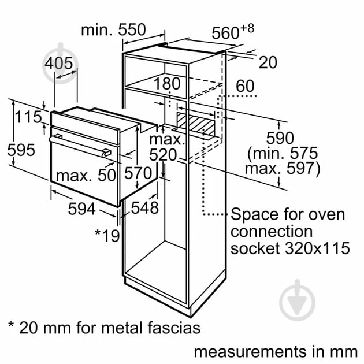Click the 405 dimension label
point(61,64)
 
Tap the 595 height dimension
point(21,150)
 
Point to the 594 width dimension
point(82,209)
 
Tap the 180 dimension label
point(168,84)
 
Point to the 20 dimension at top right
point(268,62)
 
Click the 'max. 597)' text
point(282,169)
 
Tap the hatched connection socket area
point(194,122)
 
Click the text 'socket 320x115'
point(290,248)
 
